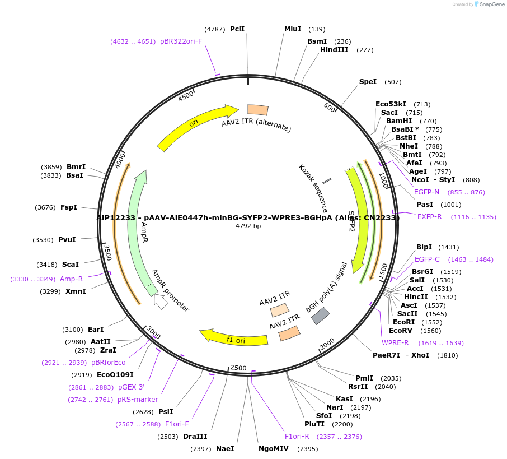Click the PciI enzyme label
237,29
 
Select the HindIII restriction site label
334,50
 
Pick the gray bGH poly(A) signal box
320,316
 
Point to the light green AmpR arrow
138,224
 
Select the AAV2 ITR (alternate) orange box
258,110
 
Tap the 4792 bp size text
248,226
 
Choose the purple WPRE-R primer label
395,343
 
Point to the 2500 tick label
238,368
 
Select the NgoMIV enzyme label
274,449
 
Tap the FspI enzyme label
68,207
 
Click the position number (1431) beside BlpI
448,247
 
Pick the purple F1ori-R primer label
297,437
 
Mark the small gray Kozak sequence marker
327,180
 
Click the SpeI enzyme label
368,82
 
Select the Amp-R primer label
72,279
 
